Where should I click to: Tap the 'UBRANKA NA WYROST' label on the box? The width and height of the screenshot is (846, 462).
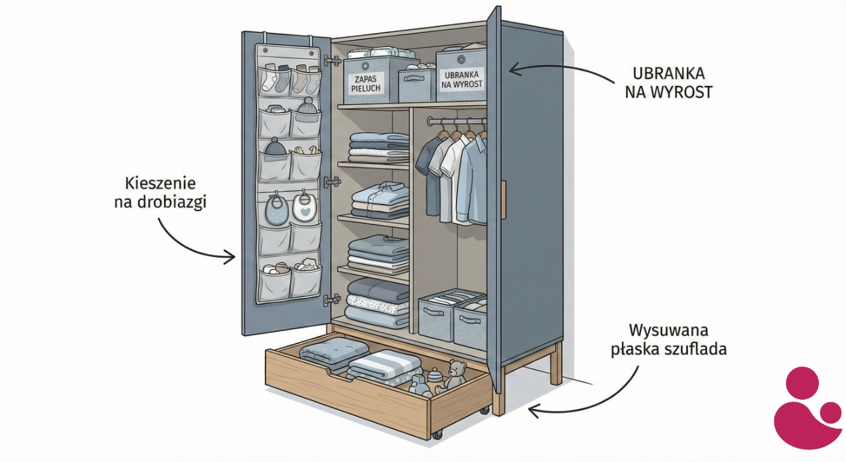click(x=460, y=80)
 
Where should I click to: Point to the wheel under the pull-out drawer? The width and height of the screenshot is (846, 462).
click(x=437, y=435)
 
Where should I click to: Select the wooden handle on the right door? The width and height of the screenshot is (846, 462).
click(x=504, y=199)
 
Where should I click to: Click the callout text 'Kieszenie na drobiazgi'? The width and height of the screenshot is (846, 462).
click(x=160, y=193)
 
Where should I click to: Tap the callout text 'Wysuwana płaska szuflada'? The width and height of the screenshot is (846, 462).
click(x=668, y=339)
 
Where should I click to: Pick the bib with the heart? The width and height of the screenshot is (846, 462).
click(x=303, y=207)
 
